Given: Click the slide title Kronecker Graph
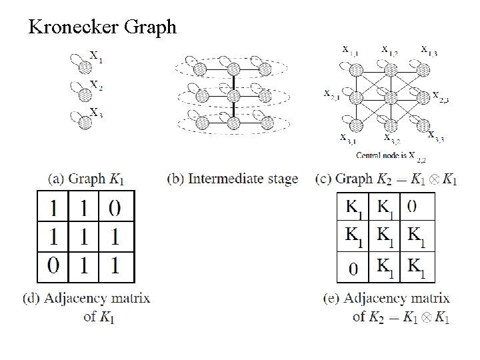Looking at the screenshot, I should (102, 27).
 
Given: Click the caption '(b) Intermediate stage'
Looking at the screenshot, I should (233, 179).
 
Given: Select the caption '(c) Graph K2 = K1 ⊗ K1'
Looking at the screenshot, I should (387, 179).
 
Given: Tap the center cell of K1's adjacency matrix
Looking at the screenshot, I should (83, 237).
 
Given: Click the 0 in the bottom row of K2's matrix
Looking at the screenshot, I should (353, 269).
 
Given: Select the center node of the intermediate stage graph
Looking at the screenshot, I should (234, 95).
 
